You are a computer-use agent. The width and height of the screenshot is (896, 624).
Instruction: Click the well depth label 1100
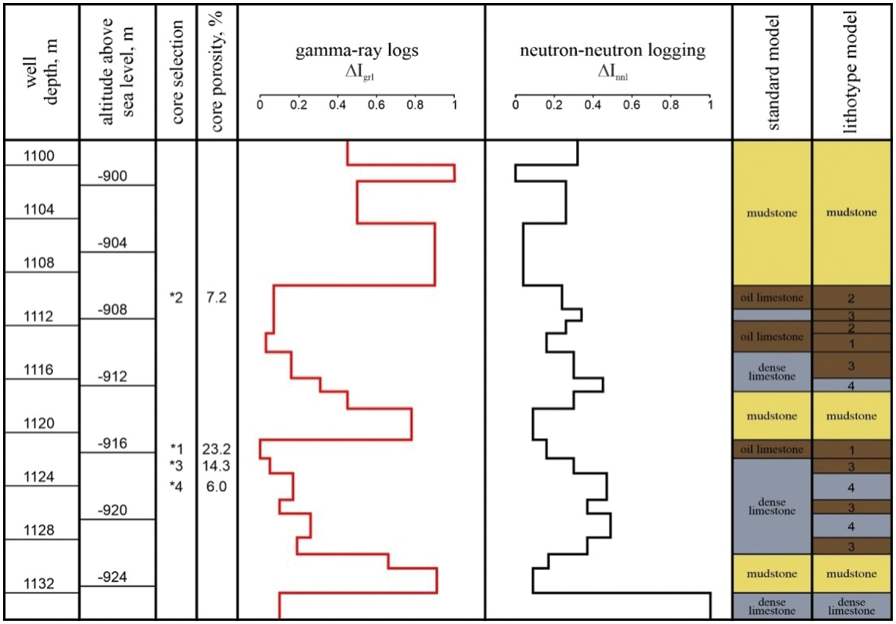pos(39,156)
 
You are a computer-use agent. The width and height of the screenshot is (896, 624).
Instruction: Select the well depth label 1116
pos(39,370)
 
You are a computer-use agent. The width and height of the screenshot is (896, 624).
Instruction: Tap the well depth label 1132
pos(39,583)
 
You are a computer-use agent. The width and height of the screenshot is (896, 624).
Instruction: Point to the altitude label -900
pos(112,176)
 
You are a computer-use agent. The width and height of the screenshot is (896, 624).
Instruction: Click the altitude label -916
pos(112,443)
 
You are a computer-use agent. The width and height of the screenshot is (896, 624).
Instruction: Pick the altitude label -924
pos(112,577)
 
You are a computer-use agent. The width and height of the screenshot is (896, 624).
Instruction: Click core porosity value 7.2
pos(216,297)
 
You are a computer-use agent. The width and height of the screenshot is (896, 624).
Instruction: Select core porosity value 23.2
pos(216,449)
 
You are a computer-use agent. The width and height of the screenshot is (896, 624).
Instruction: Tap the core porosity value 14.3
pos(216,465)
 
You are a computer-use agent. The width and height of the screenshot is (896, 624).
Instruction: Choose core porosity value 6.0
pos(216,486)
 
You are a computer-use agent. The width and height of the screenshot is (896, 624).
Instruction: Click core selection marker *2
pos(176,297)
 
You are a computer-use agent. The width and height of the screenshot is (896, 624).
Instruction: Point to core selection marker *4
pos(176,486)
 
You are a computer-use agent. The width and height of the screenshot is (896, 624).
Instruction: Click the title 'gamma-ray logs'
pos(357,51)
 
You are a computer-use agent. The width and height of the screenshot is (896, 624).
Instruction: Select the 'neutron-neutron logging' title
pos(612,51)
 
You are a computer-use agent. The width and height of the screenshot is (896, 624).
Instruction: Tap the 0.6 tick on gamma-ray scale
pos(376,105)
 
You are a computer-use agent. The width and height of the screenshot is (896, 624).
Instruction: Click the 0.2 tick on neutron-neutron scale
pos(554,105)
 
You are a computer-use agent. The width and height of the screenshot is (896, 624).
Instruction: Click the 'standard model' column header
pos(773,73)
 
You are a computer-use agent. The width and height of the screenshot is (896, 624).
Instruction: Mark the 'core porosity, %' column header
pos(217,72)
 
